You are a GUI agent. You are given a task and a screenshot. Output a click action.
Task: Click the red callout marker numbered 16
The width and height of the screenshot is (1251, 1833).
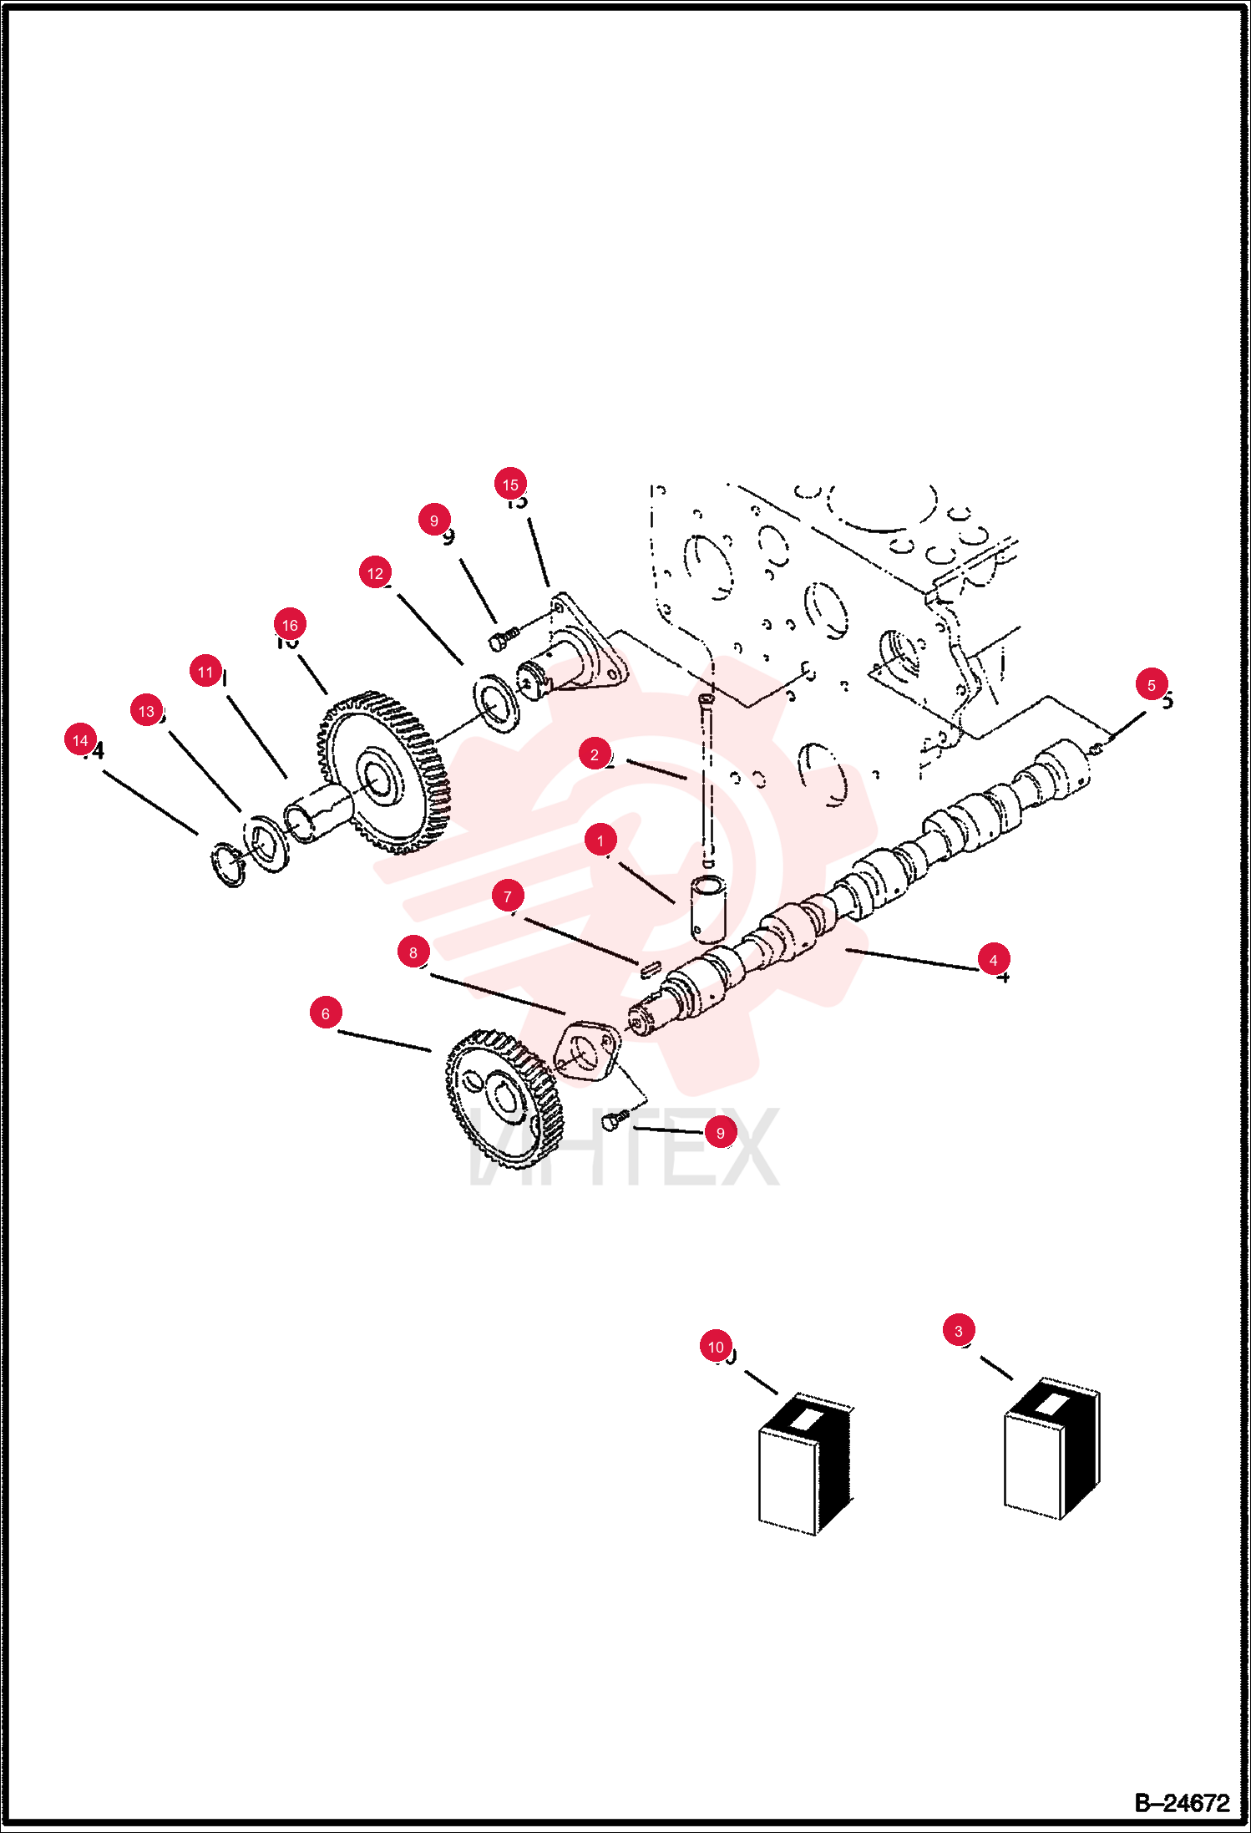click(x=290, y=624)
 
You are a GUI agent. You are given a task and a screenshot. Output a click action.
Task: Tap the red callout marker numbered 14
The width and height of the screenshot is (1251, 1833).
click(x=80, y=740)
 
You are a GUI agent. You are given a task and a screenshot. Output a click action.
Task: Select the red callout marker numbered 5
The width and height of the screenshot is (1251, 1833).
click(x=1151, y=685)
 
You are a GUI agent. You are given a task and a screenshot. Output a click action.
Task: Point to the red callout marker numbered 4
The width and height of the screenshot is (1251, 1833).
click(x=993, y=960)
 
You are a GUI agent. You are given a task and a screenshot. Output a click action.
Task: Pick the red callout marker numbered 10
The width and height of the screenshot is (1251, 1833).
click(x=716, y=1347)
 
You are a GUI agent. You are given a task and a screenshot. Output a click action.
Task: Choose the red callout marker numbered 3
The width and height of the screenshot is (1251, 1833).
click(x=958, y=1331)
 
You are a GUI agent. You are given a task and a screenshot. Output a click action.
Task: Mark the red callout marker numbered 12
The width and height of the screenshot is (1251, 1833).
click(x=375, y=573)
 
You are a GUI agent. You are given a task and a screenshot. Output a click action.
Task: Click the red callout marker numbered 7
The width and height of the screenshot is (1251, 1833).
click(x=508, y=896)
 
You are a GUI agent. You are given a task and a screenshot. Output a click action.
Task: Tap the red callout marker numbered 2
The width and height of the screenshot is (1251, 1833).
click(x=594, y=754)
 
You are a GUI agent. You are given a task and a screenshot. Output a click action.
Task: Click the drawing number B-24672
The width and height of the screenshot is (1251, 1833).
click(x=1182, y=1803)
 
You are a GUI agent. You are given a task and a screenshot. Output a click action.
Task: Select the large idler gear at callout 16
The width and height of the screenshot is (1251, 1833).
click(x=383, y=773)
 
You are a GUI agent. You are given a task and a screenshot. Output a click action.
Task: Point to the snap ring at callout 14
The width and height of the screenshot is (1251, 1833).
click(x=226, y=866)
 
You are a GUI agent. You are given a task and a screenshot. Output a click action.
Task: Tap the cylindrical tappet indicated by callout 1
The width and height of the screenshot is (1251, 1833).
click(x=708, y=909)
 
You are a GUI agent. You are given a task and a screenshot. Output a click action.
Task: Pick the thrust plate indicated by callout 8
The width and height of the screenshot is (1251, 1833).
click(x=587, y=1050)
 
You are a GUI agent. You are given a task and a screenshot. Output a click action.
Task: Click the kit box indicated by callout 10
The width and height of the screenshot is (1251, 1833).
click(x=805, y=1464)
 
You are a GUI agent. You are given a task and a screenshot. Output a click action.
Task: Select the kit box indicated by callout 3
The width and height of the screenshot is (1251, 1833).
click(x=1051, y=1449)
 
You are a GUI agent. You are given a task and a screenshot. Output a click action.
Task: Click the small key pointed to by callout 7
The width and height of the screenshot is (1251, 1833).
click(x=651, y=968)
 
